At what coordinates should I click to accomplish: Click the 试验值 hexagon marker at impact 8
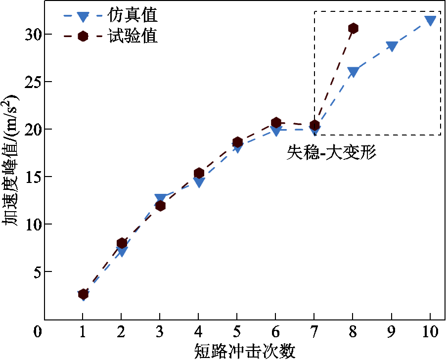pyautogui.click(x=353, y=28)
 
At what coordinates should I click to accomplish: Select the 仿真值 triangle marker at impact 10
pyautogui.click(x=430, y=21)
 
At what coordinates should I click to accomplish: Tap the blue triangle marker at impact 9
pyautogui.click(x=392, y=46)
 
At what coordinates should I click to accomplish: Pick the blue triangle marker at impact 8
pyautogui.click(x=353, y=72)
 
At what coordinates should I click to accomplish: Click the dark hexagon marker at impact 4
pyautogui.click(x=199, y=173)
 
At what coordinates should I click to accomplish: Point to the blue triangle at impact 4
pyautogui.click(x=199, y=182)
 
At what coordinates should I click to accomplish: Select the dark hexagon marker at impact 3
pyautogui.click(x=160, y=205)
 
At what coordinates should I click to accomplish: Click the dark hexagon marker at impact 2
pyautogui.click(x=122, y=243)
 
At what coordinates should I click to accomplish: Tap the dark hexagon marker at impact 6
pyautogui.click(x=276, y=122)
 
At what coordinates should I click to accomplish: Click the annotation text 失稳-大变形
pyautogui.click(x=332, y=152)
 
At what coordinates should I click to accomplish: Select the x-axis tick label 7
pyautogui.click(x=314, y=331)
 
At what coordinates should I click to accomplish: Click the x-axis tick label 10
pyautogui.click(x=430, y=331)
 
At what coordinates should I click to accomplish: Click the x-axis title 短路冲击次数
pyautogui.click(x=237, y=351)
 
